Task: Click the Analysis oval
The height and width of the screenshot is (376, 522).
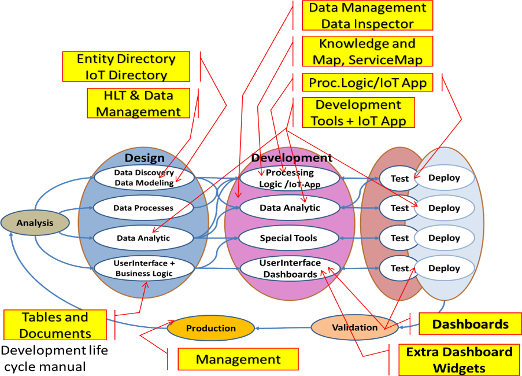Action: click(35, 223)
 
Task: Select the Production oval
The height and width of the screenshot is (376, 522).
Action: click(210, 328)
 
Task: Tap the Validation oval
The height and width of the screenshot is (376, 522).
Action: click(354, 327)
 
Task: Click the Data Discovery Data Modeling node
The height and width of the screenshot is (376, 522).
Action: click(143, 178)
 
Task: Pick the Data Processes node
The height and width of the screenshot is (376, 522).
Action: click(143, 208)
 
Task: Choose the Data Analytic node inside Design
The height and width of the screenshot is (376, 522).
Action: click(143, 238)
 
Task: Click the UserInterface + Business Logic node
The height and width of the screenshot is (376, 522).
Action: click(143, 268)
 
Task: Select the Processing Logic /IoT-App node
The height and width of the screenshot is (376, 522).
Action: click(290, 178)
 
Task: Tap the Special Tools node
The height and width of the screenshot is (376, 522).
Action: click(289, 238)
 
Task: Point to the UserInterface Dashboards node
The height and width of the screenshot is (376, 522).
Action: click(290, 268)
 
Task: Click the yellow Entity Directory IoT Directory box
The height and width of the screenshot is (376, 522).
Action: click(126, 67)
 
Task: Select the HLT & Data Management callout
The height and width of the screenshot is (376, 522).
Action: click(139, 103)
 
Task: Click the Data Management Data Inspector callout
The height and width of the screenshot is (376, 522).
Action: click(367, 16)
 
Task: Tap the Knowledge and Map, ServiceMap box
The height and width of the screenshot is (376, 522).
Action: click(366, 51)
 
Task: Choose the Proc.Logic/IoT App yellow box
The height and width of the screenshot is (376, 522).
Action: click(367, 83)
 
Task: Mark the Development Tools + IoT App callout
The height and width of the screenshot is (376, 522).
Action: click(358, 112)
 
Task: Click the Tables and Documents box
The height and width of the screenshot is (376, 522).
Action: click(55, 325)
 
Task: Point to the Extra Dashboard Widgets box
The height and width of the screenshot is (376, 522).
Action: click(459, 359)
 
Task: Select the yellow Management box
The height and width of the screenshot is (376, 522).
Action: click(238, 359)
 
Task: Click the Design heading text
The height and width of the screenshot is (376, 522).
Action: click(145, 158)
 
